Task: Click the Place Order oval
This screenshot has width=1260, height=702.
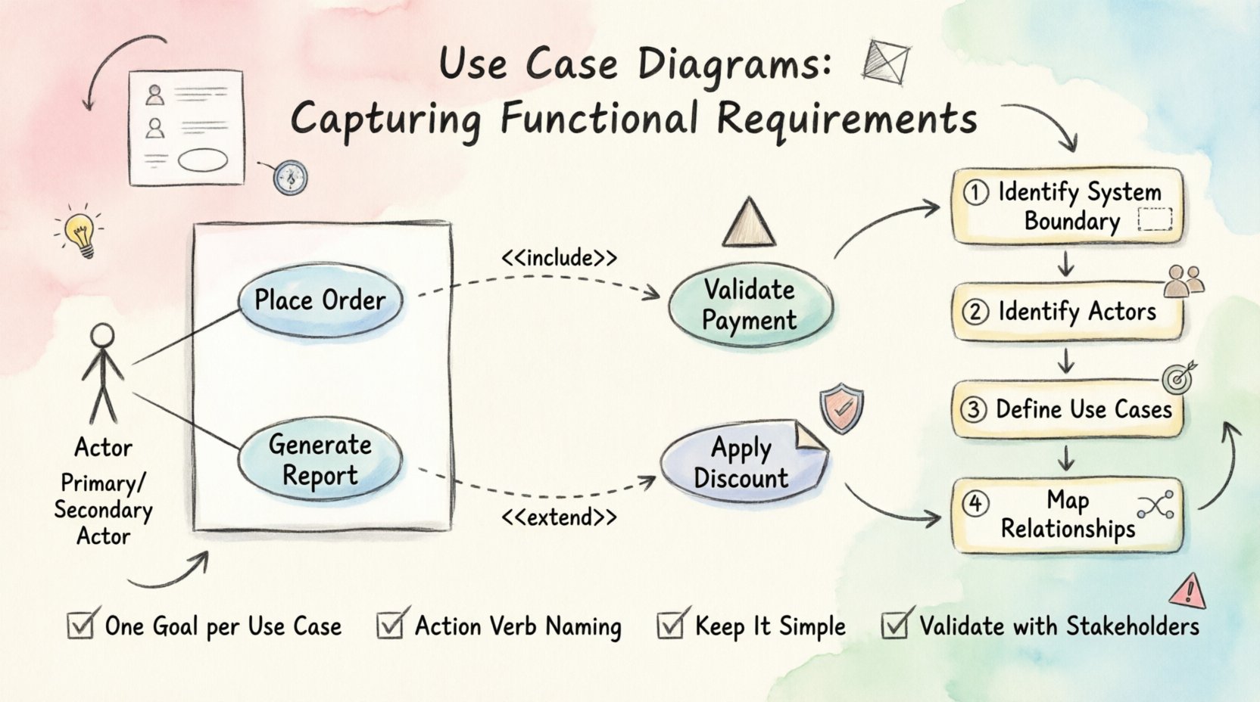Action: (320, 300)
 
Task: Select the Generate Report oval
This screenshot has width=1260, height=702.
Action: (320, 460)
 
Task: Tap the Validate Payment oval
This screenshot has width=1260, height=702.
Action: (750, 305)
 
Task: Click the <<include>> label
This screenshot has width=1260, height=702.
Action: (559, 258)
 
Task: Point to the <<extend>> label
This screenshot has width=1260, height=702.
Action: (559, 517)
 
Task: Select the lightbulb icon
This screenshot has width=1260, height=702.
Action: (80, 230)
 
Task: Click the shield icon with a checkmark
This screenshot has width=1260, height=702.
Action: (842, 409)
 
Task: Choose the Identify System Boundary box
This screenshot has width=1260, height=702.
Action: (1066, 206)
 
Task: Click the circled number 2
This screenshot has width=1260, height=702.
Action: (975, 312)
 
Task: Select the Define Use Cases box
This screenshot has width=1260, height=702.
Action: (1066, 410)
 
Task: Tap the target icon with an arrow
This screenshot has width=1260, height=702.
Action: (1177, 377)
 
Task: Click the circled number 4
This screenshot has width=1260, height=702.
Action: (975, 503)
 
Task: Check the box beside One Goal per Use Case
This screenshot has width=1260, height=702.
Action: (80, 626)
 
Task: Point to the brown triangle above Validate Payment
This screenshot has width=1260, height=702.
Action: (749, 225)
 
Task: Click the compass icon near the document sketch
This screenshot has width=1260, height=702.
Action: (290, 178)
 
